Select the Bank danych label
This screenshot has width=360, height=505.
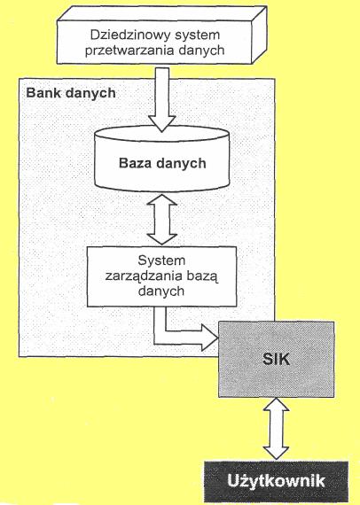[71, 93]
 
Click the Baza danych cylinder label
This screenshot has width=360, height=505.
[162, 163]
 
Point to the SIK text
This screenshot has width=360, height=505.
[276, 359]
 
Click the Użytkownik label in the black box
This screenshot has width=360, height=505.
[276, 481]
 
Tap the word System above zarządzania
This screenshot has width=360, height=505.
[161, 260]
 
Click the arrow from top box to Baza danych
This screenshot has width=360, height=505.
[161, 100]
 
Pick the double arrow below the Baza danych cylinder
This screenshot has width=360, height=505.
[161, 220]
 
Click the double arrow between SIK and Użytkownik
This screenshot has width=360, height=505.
[276, 429]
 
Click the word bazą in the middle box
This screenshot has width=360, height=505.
[202, 276]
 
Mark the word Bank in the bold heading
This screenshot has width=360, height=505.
[43, 93]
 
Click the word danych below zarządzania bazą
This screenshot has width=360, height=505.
[161, 291]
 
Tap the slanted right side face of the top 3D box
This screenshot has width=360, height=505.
[259, 35]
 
